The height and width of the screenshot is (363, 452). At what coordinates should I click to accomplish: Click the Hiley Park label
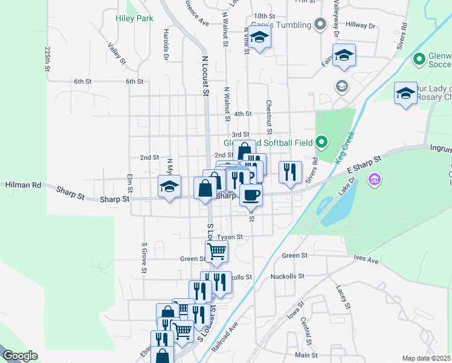pos(134,19)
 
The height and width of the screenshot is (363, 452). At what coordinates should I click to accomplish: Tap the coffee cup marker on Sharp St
pos(251,195)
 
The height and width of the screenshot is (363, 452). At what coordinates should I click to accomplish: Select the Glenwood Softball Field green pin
pos(321,143)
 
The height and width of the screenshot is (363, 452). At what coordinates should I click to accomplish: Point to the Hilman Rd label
pos(24,185)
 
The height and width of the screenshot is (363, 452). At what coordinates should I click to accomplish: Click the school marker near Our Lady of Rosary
pos(405,93)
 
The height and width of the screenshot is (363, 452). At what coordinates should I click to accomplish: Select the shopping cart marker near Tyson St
pos(216,250)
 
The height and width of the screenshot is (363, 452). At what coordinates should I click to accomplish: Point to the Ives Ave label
pos(366,260)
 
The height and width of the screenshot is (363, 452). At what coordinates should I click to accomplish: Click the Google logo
pos(19,356)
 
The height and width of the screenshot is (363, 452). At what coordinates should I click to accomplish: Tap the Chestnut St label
pos(270,117)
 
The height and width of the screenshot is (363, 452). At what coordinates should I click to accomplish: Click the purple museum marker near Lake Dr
pos(375,179)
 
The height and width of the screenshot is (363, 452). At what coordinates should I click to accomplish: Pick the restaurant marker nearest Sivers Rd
pos(290,172)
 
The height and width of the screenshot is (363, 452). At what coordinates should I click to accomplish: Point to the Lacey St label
pos(343,296)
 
